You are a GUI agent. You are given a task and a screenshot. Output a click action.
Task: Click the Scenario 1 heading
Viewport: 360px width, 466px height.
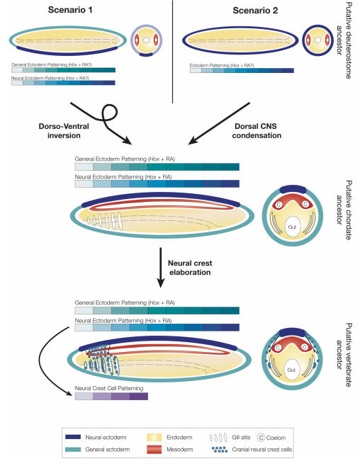pyautogui.click(x=70, y=10)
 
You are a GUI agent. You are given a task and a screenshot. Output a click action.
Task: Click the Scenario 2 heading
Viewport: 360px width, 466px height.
pyautogui.click(x=255, y=11)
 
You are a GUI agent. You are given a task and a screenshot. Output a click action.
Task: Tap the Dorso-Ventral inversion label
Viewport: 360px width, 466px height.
pyautogui.click(x=64, y=131)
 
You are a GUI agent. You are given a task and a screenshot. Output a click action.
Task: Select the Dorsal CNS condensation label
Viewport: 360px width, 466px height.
pyautogui.click(x=257, y=131)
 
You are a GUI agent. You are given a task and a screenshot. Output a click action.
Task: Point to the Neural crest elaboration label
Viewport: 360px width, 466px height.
pyautogui.click(x=190, y=268)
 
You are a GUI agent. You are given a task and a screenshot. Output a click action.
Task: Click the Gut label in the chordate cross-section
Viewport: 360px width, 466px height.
pyautogui.click(x=292, y=227)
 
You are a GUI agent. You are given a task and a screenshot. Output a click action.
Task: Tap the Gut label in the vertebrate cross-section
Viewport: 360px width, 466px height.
pyautogui.click(x=291, y=370)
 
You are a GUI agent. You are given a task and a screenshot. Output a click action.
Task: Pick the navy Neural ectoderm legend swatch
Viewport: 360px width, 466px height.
pyautogui.click(x=73, y=437)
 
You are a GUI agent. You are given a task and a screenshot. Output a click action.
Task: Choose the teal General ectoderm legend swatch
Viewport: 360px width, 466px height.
pyautogui.click(x=73, y=449)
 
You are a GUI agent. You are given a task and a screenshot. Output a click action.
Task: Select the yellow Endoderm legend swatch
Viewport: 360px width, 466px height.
pyautogui.click(x=154, y=437)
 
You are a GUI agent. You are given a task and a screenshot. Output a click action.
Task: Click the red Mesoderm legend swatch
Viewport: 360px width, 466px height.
pyautogui.click(x=154, y=449)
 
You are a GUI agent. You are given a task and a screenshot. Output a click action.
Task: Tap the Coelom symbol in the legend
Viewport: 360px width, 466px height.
pyautogui.click(x=261, y=438)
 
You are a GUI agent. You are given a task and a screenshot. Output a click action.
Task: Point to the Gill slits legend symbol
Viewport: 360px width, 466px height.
pyautogui.click(x=218, y=438)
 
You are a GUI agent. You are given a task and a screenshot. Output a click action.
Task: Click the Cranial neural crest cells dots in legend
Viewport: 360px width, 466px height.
pyautogui.click(x=220, y=449)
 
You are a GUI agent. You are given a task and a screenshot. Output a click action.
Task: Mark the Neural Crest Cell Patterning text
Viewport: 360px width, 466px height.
pyautogui.click(x=109, y=388)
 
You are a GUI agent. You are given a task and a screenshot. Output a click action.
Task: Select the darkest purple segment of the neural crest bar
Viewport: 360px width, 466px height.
pyautogui.click(x=139, y=396)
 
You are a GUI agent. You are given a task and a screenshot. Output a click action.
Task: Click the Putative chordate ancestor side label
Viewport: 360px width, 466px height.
pyautogui.click(x=344, y=210)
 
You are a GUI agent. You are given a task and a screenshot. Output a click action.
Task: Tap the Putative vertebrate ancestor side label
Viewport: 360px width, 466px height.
pyautogui.click(x=344, y=355)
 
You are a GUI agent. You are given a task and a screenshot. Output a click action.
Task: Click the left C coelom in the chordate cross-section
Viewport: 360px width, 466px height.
pyautogui.click(x=279, y=205)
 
